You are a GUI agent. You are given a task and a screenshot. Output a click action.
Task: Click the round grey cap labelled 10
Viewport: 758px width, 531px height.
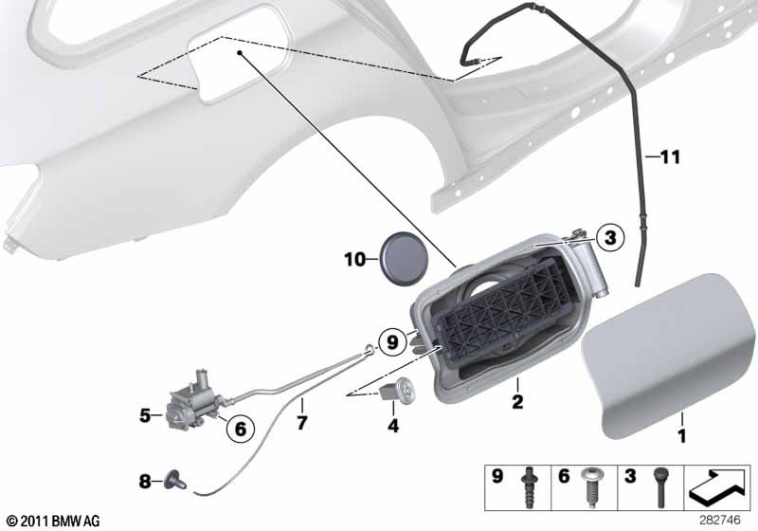point(405,258)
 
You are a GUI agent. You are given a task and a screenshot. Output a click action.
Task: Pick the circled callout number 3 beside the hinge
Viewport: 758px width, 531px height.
point(610,237)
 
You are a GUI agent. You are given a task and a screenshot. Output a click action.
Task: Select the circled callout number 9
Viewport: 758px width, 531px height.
point(392,342)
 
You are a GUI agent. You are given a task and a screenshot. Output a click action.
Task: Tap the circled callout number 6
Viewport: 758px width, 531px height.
point(240,429)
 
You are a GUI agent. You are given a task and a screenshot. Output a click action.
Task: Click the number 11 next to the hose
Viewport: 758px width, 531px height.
point(670,156)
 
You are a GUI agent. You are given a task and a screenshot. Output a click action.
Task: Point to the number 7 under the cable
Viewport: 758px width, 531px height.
point(301,423)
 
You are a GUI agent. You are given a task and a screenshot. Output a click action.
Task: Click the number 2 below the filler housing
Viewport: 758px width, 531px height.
point(517,401)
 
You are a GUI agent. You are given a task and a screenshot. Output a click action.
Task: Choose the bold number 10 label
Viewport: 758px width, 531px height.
point(354,260)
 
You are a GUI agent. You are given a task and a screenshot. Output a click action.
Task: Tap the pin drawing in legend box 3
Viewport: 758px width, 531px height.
point(660,487)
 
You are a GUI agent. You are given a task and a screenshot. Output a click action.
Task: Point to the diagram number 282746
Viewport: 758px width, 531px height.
point(719,520)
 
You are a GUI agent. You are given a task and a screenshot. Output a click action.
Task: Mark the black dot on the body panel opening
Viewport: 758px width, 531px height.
point(240,52)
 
